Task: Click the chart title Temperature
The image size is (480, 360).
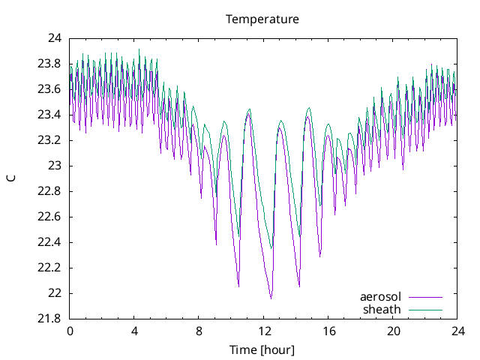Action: [262, 19]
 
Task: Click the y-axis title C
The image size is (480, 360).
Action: [11, 178]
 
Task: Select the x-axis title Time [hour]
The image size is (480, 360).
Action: [262, 349]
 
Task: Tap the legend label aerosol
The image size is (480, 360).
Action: [380, 296]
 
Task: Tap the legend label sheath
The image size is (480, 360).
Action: [382, 309]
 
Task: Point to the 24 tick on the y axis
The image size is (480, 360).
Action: [55, 38]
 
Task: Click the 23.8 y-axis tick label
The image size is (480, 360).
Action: [49, 64]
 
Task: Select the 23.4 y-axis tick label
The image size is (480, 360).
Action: [49, 115]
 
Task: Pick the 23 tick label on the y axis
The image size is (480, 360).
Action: [55, 166]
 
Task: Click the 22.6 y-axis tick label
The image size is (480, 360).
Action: [49, 217]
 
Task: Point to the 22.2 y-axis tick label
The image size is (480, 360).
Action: [49, 268]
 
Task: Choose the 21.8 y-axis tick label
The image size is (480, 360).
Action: [49, 319]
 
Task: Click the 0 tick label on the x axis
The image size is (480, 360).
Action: [70, 331]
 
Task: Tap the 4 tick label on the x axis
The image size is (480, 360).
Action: [134, 331]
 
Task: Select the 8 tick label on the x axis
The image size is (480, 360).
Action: [199, 331]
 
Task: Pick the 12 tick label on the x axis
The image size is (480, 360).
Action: [264, 331]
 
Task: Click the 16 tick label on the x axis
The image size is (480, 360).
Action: [328, 331]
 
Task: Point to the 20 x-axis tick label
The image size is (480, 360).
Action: [393, 331]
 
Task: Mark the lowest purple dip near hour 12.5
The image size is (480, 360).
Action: [271, 298]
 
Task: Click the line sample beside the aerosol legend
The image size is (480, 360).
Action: [425, 297]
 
